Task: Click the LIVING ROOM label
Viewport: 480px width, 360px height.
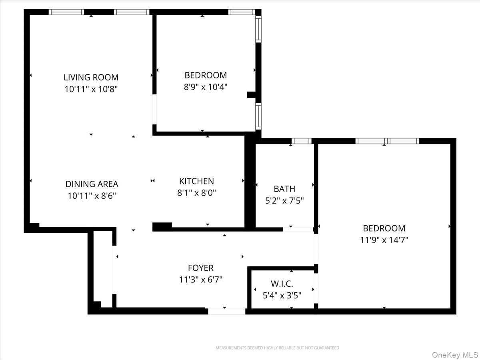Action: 91,77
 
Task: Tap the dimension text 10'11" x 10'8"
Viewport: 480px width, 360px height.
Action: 91,89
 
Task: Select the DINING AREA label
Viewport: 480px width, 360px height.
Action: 92,184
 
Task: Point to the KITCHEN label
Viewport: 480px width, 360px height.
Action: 196,181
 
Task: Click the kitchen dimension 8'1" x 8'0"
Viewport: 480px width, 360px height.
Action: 196,193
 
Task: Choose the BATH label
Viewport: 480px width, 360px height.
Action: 284,189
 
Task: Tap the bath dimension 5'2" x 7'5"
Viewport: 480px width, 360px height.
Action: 284,200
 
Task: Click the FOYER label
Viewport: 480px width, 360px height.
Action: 201,268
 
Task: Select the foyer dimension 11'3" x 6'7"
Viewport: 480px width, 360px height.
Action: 201,280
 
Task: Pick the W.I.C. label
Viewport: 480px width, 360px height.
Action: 282,284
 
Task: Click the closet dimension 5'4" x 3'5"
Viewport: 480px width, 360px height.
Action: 282,296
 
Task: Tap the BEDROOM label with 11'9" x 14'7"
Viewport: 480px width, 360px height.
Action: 384,228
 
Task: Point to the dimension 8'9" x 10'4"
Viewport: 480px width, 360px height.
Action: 206,86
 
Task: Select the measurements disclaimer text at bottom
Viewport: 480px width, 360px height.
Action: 277,348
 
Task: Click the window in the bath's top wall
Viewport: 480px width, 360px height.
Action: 301,141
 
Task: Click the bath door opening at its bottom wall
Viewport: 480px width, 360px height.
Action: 298,229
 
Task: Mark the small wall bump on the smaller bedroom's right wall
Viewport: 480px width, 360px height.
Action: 251,95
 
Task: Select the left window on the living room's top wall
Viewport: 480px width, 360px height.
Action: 66,12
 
